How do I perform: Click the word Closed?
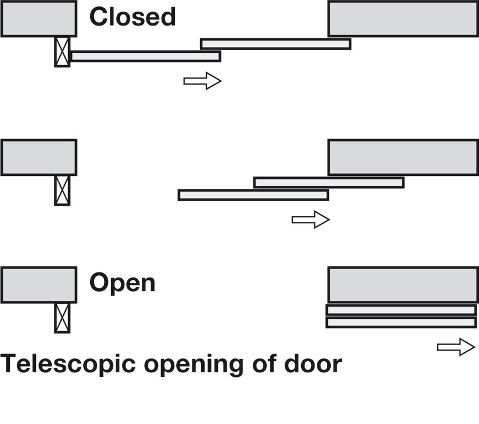(x=132, y=17)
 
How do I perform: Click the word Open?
(x=122, y=283)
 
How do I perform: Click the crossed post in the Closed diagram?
(x=62, y=52)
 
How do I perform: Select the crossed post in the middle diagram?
(x=62, y=190)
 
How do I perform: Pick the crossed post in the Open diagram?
(x=62, y=317)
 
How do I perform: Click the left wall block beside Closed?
(x=38, y=19)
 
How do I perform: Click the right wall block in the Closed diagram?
(x=403, y=19)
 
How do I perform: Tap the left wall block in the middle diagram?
(x=38, y=157)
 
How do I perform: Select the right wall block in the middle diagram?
(x=403, y=157)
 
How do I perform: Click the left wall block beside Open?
(x=38, y=285)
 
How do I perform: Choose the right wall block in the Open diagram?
(x=403, y=285)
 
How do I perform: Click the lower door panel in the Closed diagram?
(x=145, y=56)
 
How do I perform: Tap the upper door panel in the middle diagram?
(x=328, y=182)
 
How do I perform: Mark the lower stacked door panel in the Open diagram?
(x=401, y=322)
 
